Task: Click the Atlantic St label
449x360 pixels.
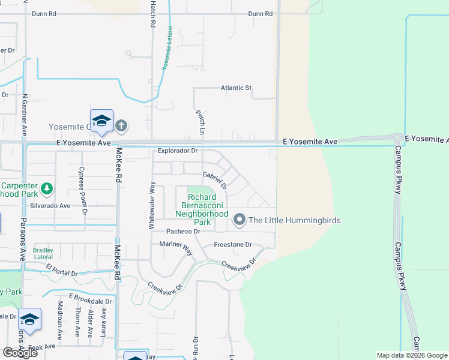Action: [236, 88]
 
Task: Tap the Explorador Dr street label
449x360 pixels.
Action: [178, 151]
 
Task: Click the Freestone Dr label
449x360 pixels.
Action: [233, 245]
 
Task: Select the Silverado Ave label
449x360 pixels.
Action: [51, 205]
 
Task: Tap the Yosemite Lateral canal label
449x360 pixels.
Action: [167, 49]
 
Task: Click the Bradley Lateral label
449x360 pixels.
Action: [43, 253]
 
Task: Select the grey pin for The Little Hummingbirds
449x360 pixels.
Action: [240, 220]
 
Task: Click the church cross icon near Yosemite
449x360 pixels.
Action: [121, 125]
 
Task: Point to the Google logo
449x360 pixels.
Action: [19, 353]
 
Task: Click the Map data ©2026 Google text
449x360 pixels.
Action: [411, 355]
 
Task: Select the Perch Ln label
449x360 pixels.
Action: [199, 121]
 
